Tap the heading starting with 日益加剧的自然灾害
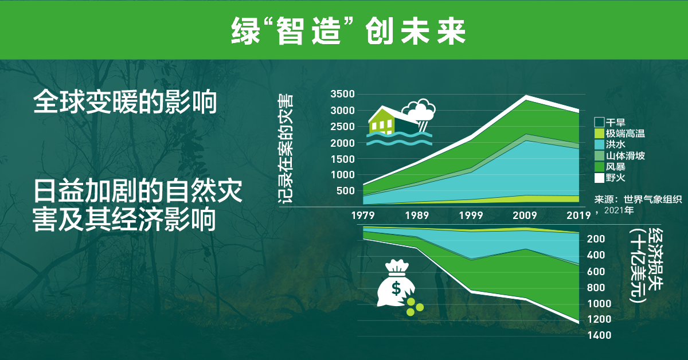point(138,205)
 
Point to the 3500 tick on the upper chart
point(343,94)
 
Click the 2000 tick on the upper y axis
point(343,143)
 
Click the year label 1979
point(363,216)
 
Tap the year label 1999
point(471,216)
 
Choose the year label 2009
point(525,216)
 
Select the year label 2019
point(578,216)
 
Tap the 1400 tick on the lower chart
point(600,335)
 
